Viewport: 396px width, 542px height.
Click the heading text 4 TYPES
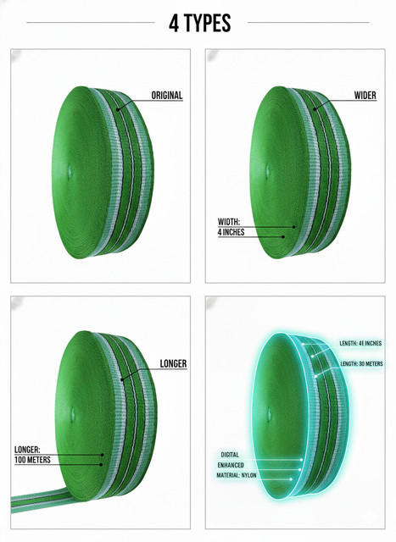click(x=200, y=23)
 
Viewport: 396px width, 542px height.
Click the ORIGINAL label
click(x=167, y=95)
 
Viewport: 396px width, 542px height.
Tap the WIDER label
click(x=365, y=95)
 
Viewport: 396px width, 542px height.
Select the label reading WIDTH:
click(x=228, y=222)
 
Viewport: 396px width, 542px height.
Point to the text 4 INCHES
click(x=231, y=232)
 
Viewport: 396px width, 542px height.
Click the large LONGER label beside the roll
click(x=173, y=363)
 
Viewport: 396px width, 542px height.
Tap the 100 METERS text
click(x=32, y=460)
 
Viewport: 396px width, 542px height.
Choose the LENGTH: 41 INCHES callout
click(x=360, y=343)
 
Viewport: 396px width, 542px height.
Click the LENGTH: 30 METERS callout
click(x=361, y=363)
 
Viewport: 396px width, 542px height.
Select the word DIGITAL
click(x=230, y=455)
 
